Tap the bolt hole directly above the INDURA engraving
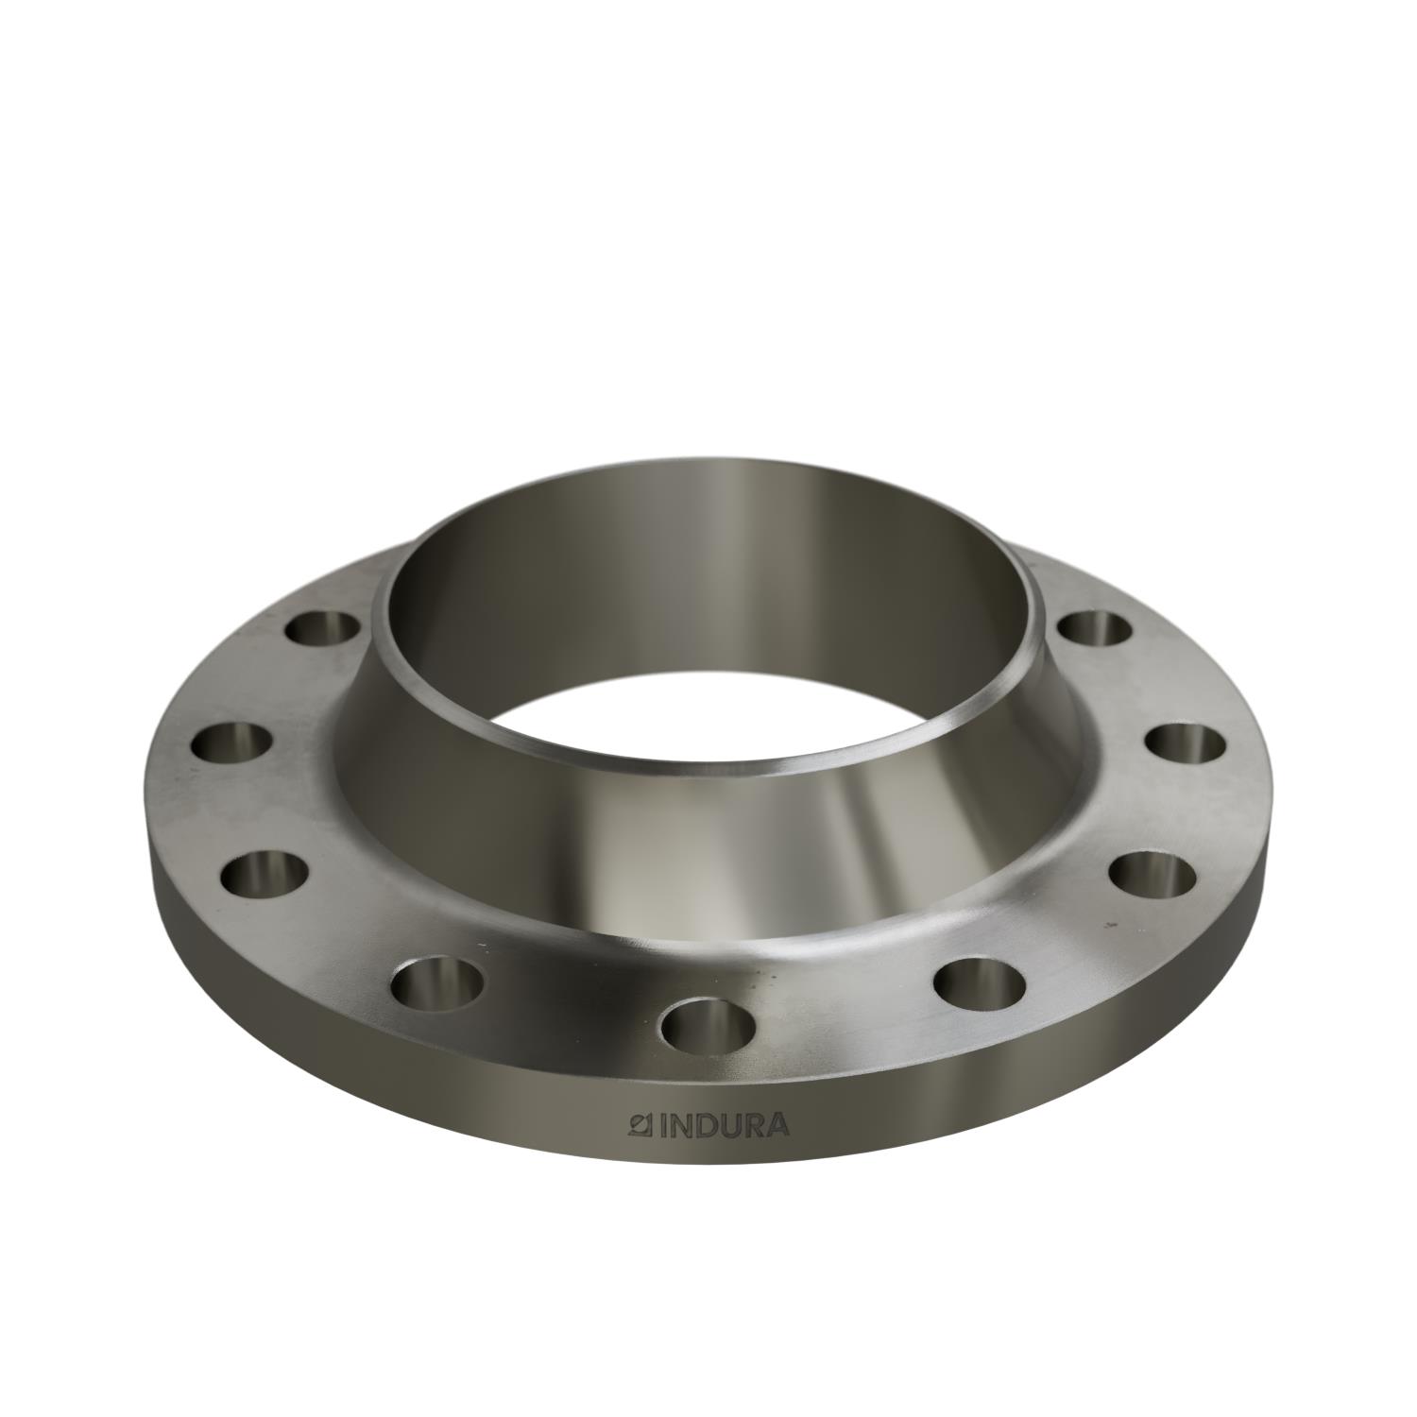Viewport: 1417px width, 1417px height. pos(710,1022)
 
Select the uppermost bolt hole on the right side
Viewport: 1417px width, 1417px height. pos(1094,627)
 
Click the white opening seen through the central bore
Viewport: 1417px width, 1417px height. pos(708,708)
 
